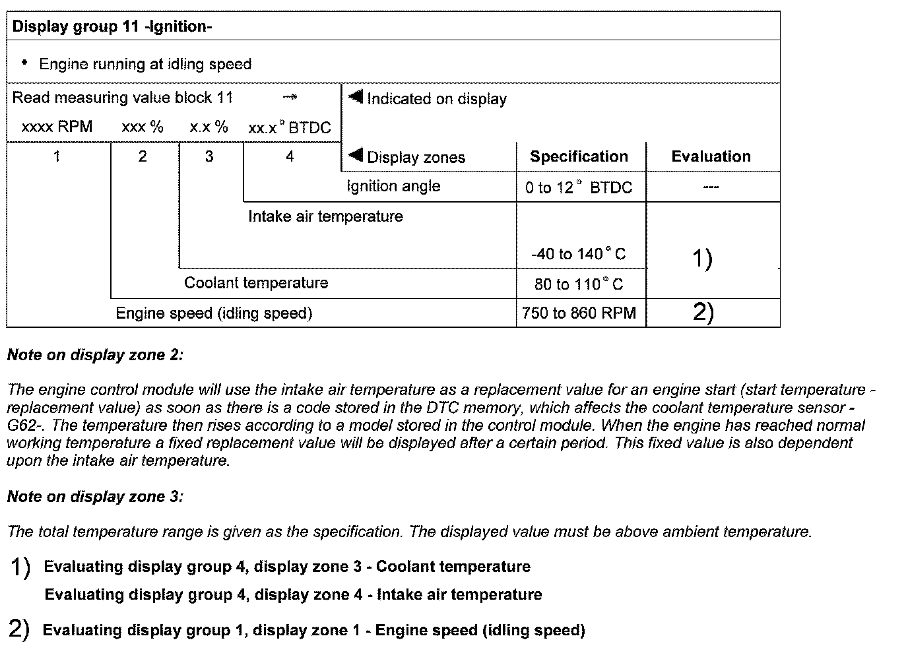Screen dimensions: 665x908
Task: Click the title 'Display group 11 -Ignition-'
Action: (x=112, y=27)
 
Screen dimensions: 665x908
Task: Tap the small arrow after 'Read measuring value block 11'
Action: (x=290, y=98)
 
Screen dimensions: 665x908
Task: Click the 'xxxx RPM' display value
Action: (x=57, y=127)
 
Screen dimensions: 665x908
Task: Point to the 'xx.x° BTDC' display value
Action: (x=289, y=127)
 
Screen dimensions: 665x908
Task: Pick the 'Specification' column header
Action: (x=579, y=156)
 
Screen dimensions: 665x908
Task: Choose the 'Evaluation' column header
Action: (x=711, y=156)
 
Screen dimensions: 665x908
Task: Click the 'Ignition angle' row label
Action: (x=393, y=186)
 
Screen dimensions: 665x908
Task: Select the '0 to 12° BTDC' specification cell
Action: (x=579, y=187)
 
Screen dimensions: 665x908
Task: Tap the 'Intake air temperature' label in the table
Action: (x=325, y=216)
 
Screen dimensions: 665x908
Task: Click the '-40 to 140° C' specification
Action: (x=578, y=254)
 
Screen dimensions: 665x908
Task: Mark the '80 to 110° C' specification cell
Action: (x=578, y=284)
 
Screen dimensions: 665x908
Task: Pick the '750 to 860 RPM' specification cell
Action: (x=579, y=313)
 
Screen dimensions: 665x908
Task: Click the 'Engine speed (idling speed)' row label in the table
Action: (x=214, y=313)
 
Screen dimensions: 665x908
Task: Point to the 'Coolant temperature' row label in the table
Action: (x=256, y=283)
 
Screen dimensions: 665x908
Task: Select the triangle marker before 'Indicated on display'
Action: (x=356, y=98)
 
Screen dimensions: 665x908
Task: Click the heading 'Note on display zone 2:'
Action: (x=95, y=355)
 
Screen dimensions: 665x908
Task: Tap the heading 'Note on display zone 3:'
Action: (x=95, y=497)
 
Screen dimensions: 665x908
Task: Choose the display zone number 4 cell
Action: (x=290, y=156)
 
